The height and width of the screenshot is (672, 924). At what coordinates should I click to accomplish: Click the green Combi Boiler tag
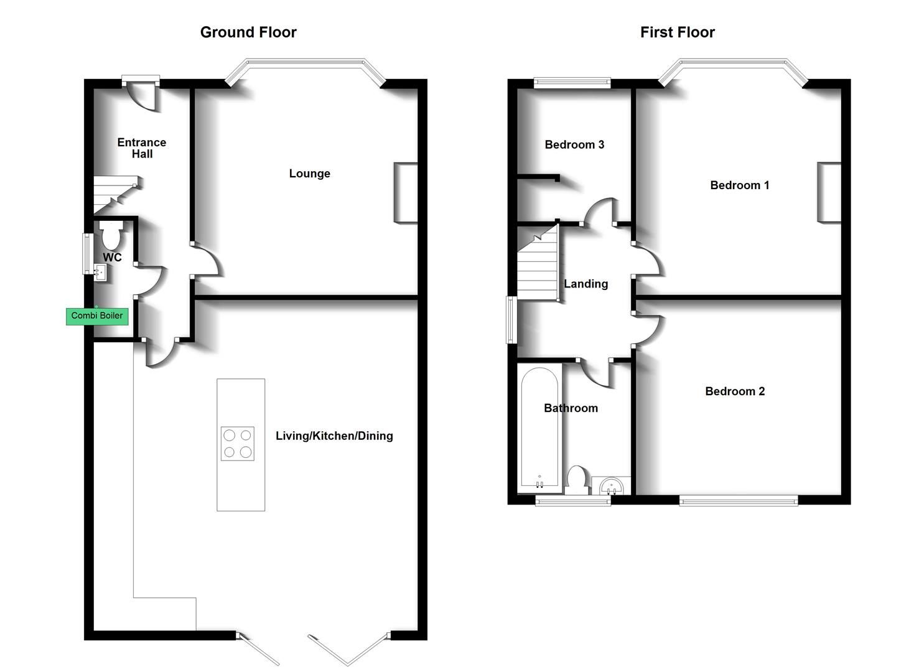pyautogui.click(x=97, y=316)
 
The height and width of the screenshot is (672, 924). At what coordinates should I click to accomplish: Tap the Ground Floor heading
pyautogui.click(x=248, y=32)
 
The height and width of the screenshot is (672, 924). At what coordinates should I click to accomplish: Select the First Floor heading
pyautogui.click(x=677, y=32)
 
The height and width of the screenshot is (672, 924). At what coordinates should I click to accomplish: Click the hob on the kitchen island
pyautogui.click(x=238, y=444)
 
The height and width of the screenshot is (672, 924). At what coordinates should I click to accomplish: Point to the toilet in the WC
pyautogui.click(x=111, y=236)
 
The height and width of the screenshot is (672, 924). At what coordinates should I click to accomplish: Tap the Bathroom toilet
pyautogui.click(x=577, y=480)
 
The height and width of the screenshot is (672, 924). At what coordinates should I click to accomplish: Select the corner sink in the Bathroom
pyautogui.click(x=612, y=485)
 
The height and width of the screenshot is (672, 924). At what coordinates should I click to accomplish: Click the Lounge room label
pyautogui.click(x=309, y=174)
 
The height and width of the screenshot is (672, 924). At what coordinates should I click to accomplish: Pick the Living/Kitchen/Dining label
pyautogui.click(x=334, y=436)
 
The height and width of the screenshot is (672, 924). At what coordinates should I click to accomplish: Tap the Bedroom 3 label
pyautogui.click(x=574, y=145)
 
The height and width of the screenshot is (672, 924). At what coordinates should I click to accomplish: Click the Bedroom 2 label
pyautogui.click(x=735, y=391)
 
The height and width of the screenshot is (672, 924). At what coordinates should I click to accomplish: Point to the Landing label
pyautogui.click(x=586, y=284)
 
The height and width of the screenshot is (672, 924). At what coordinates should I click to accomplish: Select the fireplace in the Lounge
pyautogui.click(x=405, y=193)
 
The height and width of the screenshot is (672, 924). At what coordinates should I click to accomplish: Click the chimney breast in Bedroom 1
pyautogui.click(x=829, y=192)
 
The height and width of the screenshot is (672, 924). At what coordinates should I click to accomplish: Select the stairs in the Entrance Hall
pyautogui.click(x=114, y=195)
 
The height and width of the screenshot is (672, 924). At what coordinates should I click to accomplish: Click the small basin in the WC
pyautogui.click(x=100, y=272)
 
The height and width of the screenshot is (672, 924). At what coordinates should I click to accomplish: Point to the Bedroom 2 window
pyautogui.click(x=738, y=499)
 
